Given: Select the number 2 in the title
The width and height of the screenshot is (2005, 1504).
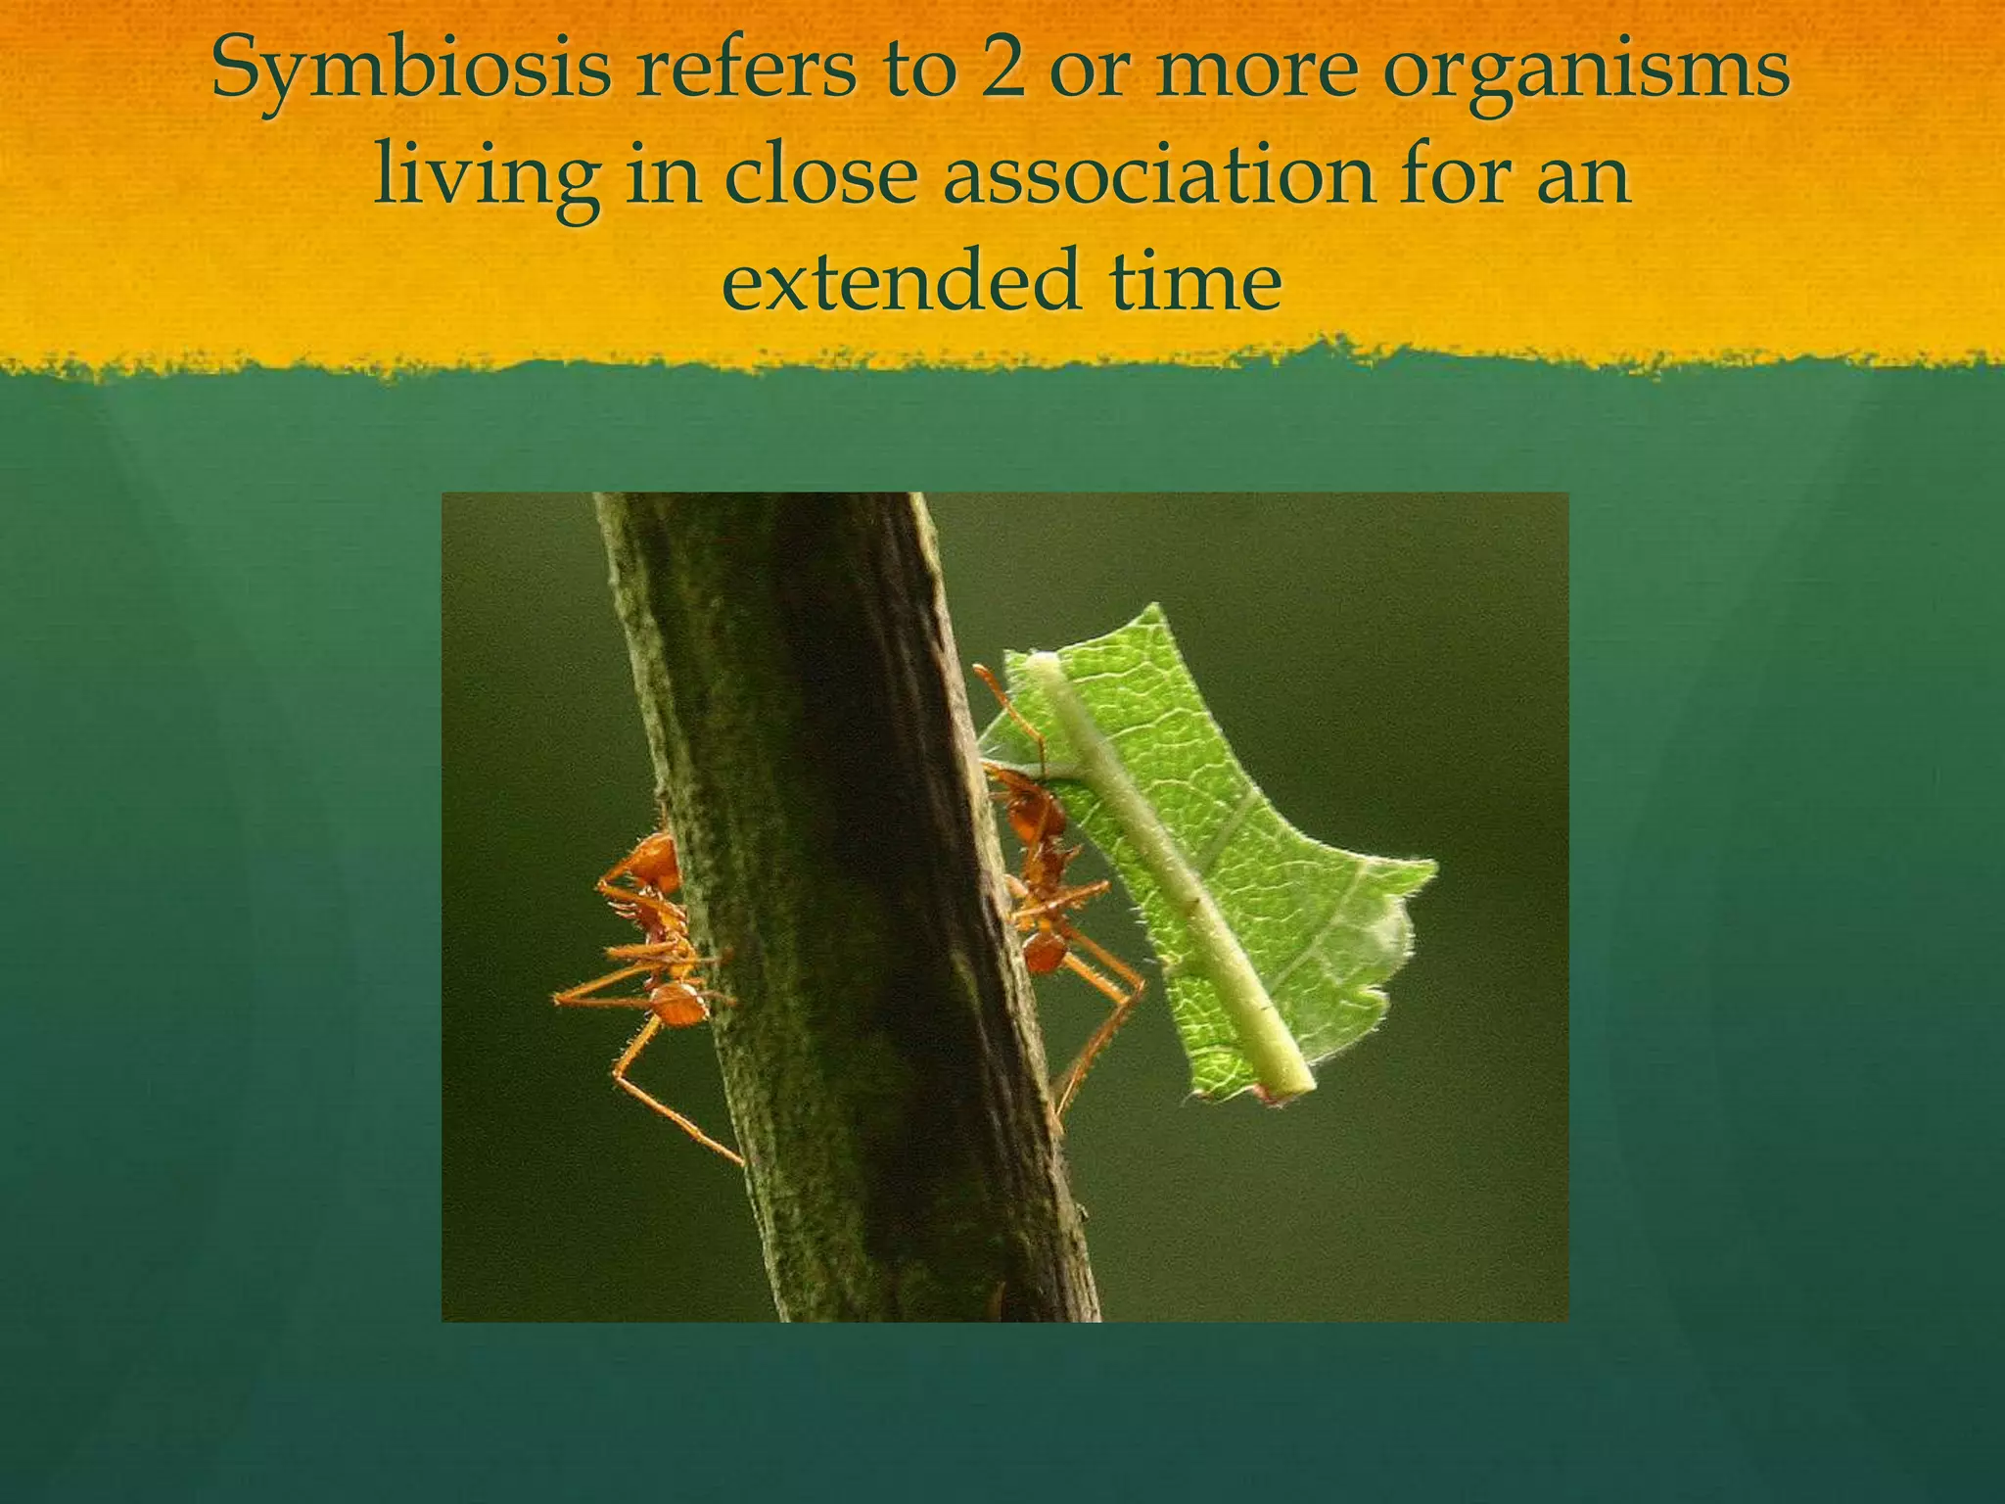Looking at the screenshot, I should click(1003, 72).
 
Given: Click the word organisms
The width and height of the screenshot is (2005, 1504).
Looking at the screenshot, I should click(1586, 74).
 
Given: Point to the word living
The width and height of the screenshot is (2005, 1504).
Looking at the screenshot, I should click(486, 178).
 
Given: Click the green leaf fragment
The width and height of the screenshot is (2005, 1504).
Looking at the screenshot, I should click(1263, 832).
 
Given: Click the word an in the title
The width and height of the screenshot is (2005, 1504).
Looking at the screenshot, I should click(1592, 180).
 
